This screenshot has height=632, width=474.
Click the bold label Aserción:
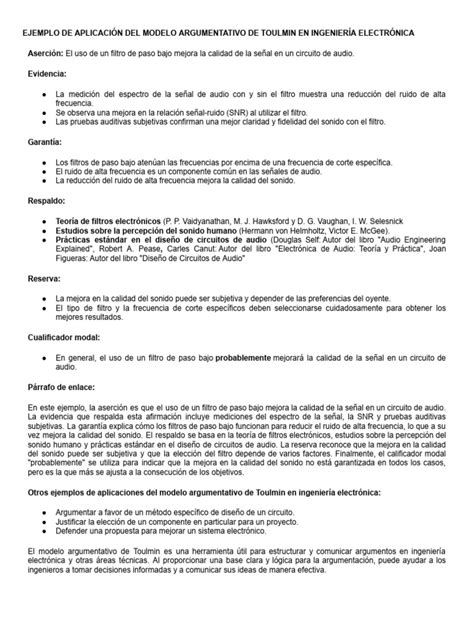click(x=43, y=53)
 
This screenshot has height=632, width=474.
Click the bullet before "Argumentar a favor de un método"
click(x=44, y=511)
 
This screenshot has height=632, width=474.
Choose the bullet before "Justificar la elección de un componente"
click(x=44, y=521)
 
